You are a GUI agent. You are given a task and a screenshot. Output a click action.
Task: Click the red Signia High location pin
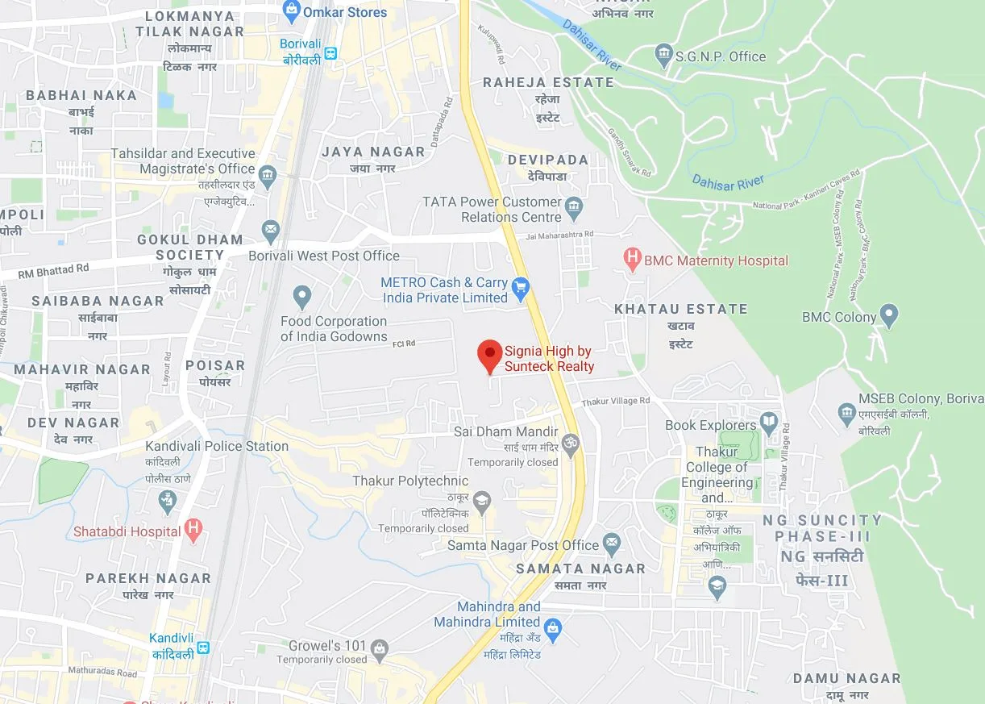(489, 356)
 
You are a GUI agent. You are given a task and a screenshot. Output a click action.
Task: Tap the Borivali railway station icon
(330, 54)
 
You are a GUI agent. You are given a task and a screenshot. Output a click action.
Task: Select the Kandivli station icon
(204, 647)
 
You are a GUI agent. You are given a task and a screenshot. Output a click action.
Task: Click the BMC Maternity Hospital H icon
(633, 260)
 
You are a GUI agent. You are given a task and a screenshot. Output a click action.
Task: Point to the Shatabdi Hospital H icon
(193, 530)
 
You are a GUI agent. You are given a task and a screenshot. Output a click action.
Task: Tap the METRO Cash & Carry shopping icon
(521, 285)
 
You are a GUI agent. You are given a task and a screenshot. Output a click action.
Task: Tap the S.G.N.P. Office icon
(663, 55)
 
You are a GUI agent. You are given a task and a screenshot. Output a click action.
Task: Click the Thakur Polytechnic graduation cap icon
(481, 501)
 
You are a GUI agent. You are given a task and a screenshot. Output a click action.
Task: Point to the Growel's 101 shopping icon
(380, 648)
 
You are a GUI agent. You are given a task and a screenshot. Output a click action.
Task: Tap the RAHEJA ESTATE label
(548, 82)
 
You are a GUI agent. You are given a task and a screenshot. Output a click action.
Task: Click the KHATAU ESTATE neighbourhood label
(680, 309)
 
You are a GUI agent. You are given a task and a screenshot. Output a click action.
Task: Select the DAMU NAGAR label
(846, 678)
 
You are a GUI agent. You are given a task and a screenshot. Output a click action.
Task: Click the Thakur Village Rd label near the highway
(615, 401)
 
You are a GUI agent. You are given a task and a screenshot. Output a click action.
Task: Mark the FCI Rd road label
(403, 344)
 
